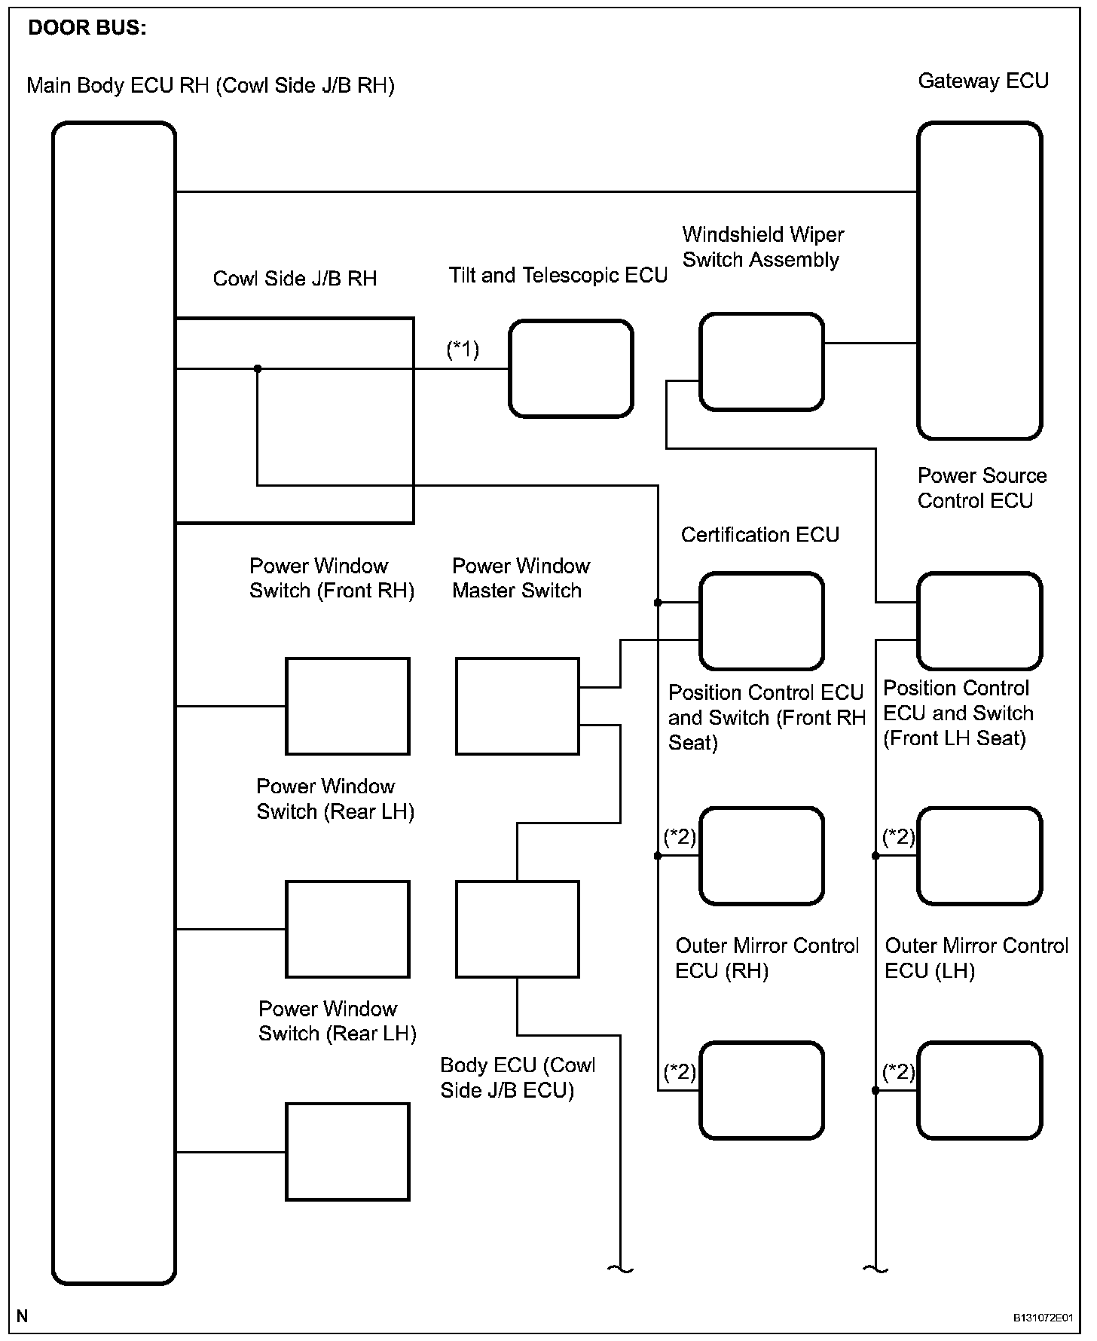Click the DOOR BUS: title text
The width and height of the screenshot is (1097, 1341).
pyautogui.click(x=87, y=29)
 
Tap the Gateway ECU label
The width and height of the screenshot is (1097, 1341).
pyautogui.click(x=982, y=81)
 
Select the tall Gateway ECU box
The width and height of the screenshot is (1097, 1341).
pyautogui.click(x=979, y=280)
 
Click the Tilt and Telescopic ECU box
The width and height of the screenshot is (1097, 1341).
pyautogui.click(x=570, y=368)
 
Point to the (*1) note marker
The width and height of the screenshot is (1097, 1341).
pyautogui.click(x=463, y=350)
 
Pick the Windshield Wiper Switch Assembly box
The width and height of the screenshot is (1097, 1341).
pyautogui.click(x=761, y=362)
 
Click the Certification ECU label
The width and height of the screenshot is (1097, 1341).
pyautogui.click(x=759, y=535)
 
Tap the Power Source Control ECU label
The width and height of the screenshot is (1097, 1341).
pyautogui.click(x=981, y=488)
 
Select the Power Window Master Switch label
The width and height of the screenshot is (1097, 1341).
pyautogui.click(x=520, y=578)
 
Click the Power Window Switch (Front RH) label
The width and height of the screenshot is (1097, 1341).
pyautogui.click(x=332, y=578)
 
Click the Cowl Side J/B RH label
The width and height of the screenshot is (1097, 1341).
pyautogui.click(x=295, y=279)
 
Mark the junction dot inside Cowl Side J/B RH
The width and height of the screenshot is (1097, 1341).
pyautogui.click(x=258, y=368)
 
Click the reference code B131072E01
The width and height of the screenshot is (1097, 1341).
pyautogui.click(x=1042, y=1317)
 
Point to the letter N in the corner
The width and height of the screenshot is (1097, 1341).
pyautogui.click(x=23, y=1315)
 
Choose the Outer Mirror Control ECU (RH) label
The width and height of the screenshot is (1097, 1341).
pyautogui.click(x=766, y=958)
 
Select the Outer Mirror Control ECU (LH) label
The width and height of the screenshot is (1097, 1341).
pyautogui.click(x=976, y=958)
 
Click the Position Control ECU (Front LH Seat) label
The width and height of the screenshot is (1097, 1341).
pyautogui.click(x=957, y=713)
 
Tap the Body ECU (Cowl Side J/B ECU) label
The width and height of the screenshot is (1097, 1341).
pyautogui.click(x=517, y=1077)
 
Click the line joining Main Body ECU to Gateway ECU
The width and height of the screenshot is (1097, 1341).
pyautogui.click(x=545, y=192)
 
